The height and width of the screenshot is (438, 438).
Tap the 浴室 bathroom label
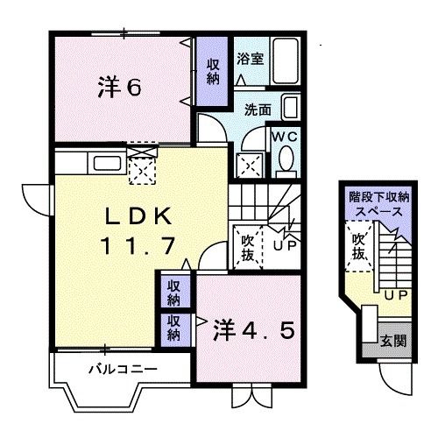[x=250, y=59]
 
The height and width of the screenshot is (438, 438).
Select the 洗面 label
[x=258, y=111]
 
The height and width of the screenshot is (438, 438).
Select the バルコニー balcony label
[x=123, y=369]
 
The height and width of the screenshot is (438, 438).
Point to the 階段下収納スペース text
[x=378, y=205]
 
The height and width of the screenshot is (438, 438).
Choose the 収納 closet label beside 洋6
[x=213, y=69]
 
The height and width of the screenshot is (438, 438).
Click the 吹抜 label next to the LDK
[x=248, y=244]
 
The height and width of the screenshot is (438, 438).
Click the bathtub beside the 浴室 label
[x=284, y=60]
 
